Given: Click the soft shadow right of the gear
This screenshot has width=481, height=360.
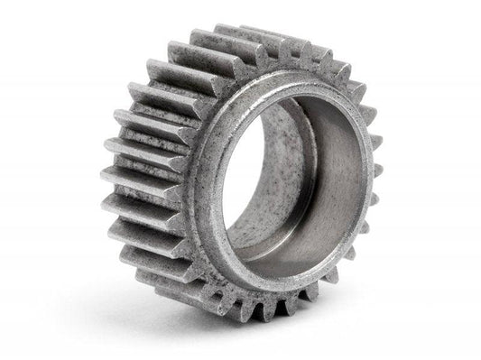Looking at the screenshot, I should (x=406, y=271).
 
